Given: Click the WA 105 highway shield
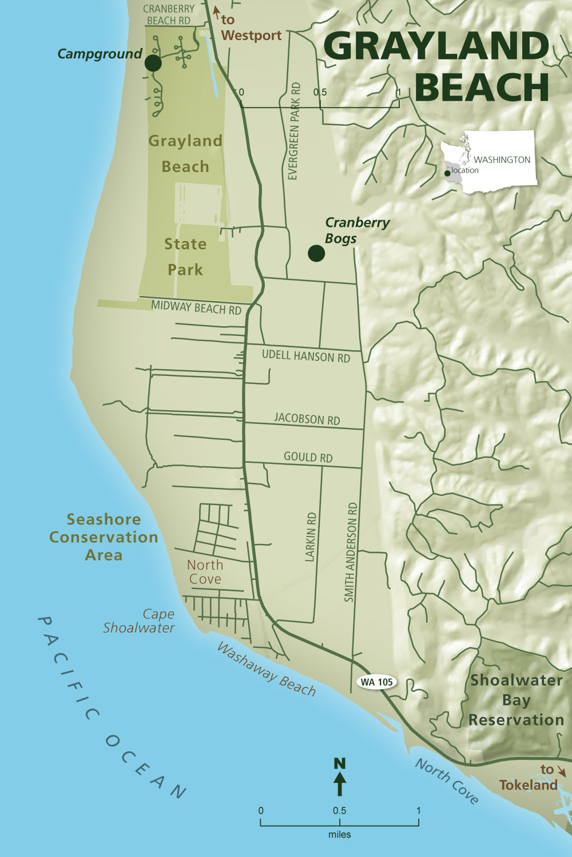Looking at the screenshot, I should pos(377,682).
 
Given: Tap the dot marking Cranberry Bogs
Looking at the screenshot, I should pos(316,253).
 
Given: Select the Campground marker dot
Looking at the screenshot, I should pos(153,63).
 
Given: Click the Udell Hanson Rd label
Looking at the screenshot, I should pos(305,356).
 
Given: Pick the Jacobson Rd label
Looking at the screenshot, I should pos(307,419).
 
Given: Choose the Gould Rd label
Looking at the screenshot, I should pos(308,457).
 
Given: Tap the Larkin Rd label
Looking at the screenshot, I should pos(311,536).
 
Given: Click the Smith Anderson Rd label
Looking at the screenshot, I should pos(351,552).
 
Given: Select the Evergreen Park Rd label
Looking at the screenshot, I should pos(293,131).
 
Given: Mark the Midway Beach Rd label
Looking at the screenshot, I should pos(196,308).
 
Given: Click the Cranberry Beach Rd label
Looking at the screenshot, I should pos(169,15).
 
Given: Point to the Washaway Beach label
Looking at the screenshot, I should pos(266,670).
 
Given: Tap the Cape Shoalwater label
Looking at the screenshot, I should pos(139,621).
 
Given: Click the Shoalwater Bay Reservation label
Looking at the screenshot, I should pos(516,700).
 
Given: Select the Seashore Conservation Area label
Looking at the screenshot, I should pos(104,537).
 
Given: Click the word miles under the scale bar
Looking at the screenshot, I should pos(339,835).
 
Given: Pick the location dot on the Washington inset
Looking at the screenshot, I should pos(447,173).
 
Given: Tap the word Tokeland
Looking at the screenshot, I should pos(527,785).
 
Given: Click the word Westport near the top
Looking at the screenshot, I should pos(251,35).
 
